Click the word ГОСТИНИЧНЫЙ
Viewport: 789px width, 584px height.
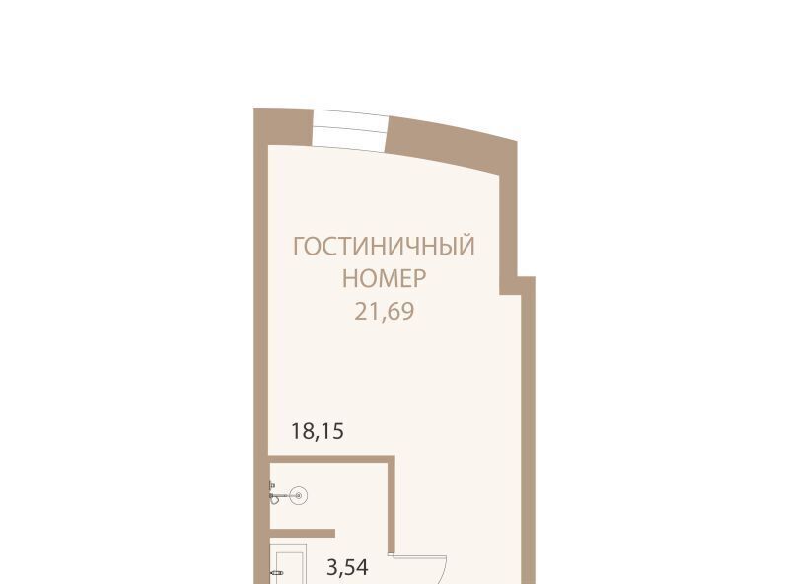(x=384, y=247)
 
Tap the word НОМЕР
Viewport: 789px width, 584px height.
(x=384, y=278)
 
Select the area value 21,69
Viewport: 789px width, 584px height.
(x=385, y=312)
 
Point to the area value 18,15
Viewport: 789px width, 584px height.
(x=318, y=432)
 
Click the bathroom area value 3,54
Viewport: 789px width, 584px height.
(x=348, y=568)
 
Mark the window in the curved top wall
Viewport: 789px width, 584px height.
(x=350, y=131)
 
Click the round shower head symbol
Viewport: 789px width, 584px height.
(x=299, y=496)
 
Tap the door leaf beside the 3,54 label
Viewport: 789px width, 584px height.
(x=420, y=556)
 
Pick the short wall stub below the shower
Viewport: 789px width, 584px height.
(x=303, y=533)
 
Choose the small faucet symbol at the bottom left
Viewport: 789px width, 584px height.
(x=276, y=573)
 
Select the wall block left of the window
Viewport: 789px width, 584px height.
(x=283, y=126)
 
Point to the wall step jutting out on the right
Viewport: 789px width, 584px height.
(x=518, y=285)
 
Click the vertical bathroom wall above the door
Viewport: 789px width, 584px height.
(x=391, y=503)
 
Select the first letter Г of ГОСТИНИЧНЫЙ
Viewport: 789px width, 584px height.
(x=299, y=247)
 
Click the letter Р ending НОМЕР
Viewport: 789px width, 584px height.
(x=420, y=278)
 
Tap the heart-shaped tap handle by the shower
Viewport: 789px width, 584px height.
(x=274, y=500)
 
